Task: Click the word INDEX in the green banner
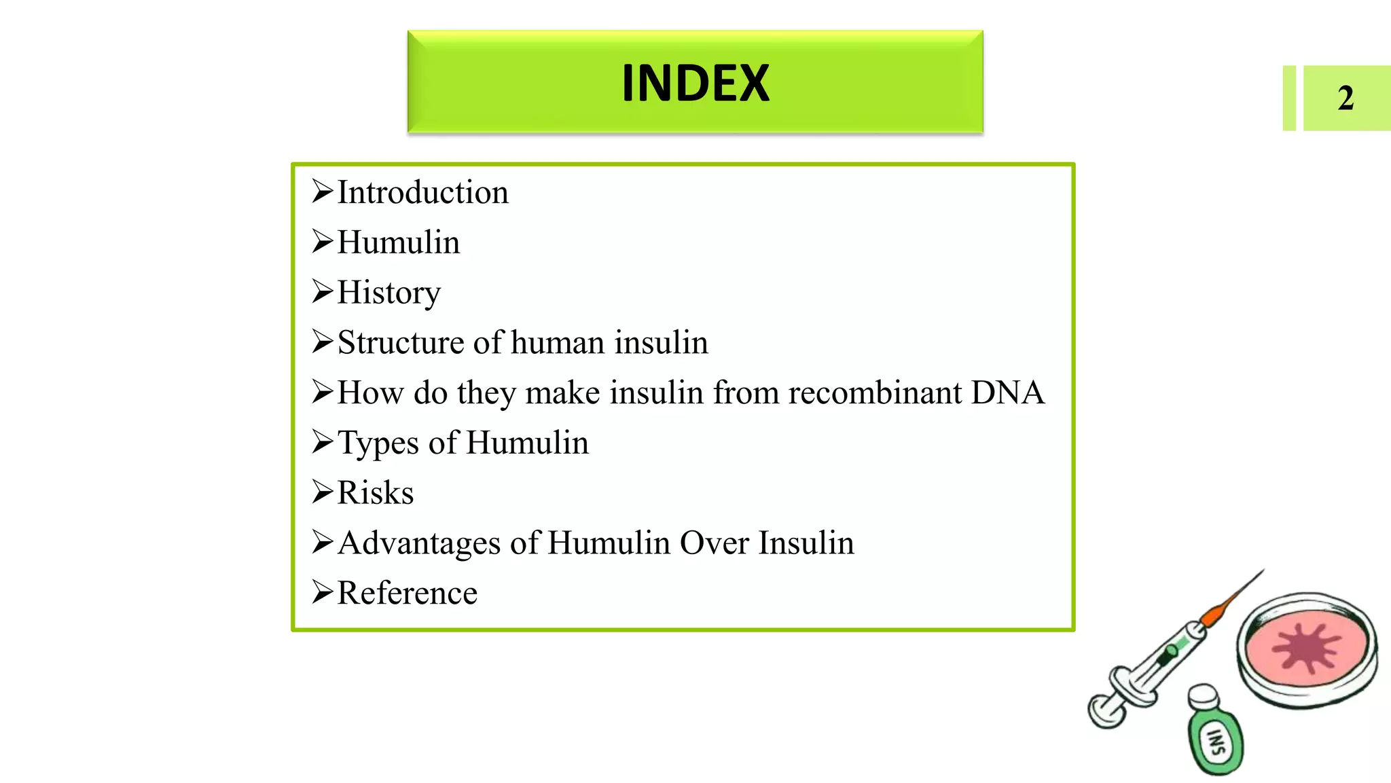[695, 83]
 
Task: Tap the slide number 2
[1345, 98]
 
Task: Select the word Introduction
[422, 192]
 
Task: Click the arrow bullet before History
[323, 291]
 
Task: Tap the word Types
[378, 443]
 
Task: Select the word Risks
[376, 492]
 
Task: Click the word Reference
[408, 593]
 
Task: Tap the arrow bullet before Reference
[323, 592]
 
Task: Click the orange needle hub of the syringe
[1213, 614]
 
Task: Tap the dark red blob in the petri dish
[1305, 647]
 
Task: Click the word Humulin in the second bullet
[399, 242]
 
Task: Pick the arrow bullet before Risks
[323, 492]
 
